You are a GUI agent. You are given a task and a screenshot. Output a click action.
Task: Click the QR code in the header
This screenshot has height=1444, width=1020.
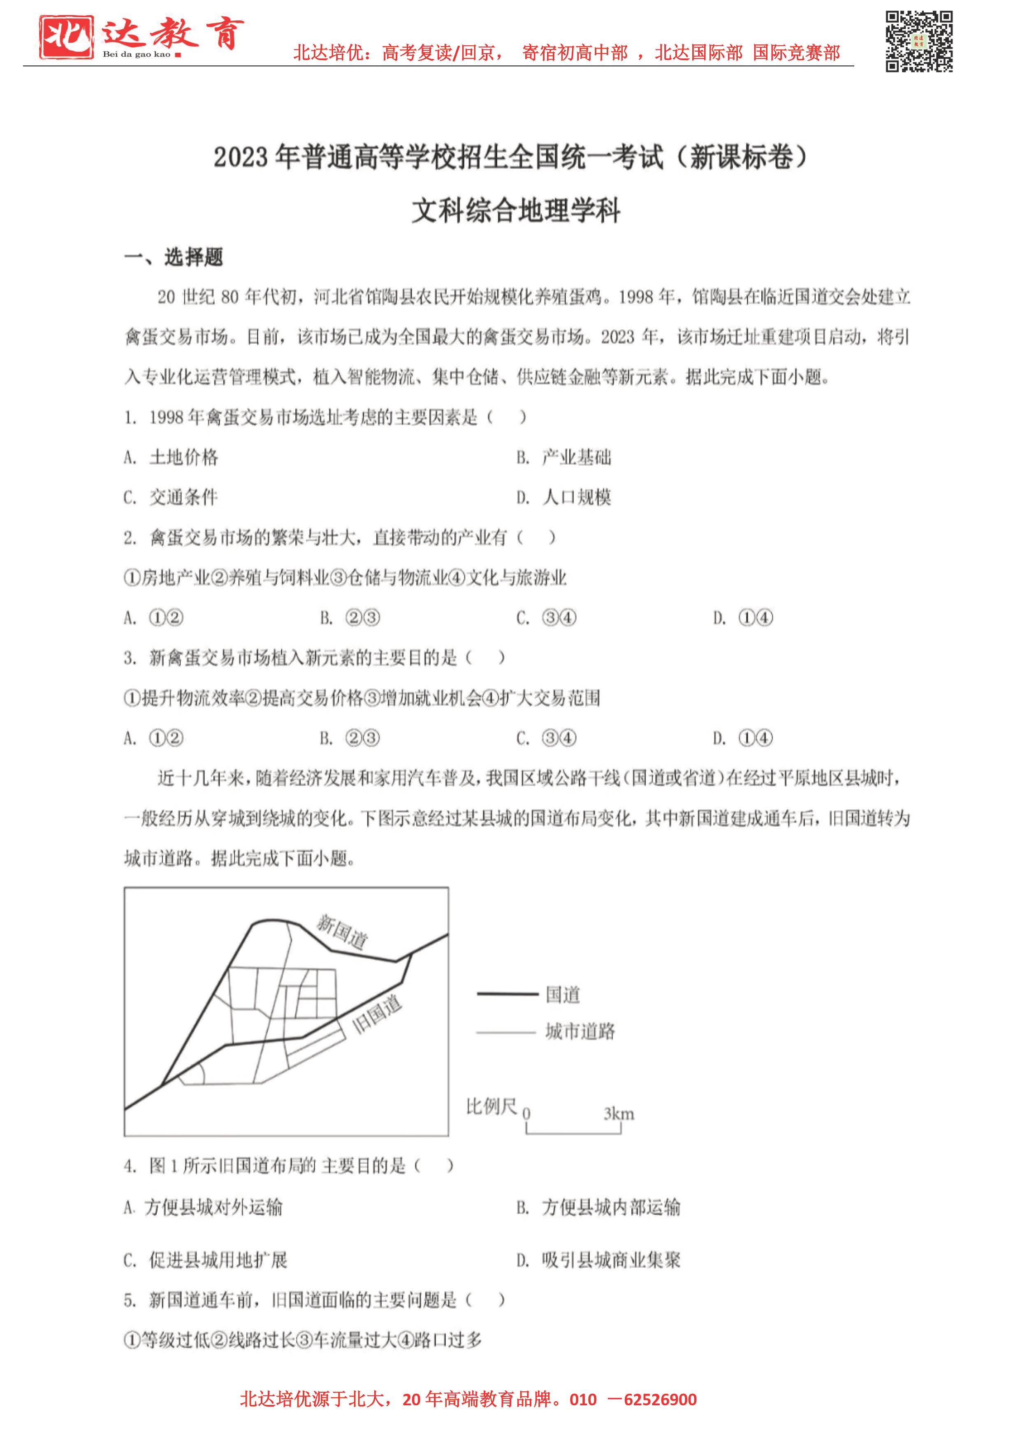click(x=919, y=42)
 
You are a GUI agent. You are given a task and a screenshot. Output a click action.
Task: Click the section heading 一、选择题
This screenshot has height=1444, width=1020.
click(x=174, y=257)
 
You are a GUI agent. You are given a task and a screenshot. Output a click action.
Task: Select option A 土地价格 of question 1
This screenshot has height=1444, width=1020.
click(x=172, y=457)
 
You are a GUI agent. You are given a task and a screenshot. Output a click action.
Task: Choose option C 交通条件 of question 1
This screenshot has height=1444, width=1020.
click(x=172, y=498)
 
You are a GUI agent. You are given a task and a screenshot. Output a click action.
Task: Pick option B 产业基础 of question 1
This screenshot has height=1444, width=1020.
click(x=564, y=457)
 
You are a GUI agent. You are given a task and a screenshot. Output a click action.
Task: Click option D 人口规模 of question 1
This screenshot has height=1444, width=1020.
click(x=564, y=498)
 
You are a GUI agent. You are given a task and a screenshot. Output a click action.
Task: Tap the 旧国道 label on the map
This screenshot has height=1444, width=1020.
click(x=376, y=1014)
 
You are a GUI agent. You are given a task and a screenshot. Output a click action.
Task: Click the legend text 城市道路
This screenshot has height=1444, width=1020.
click(x=580, y=1032)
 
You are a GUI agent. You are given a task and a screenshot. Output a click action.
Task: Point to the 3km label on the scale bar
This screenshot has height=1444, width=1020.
click(x=619, y=1114)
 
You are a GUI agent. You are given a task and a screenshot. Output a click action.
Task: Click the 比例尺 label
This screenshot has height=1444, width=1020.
click(x=491, y=1107)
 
